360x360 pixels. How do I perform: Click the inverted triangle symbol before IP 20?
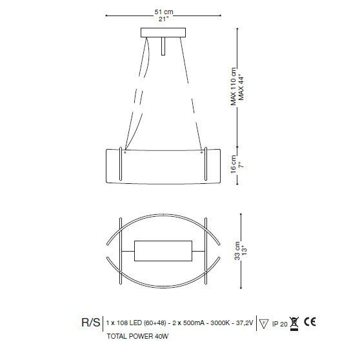pyautogui.click(x=265, y=323)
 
